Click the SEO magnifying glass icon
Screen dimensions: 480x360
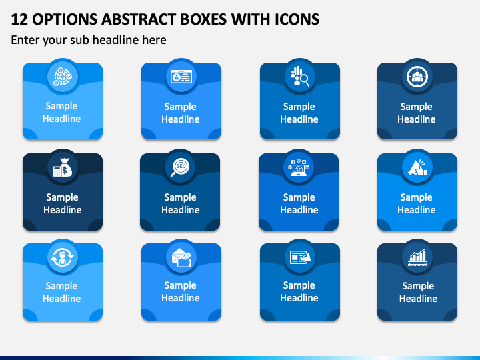tap(180, 167)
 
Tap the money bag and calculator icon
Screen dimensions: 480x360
tap(63, 167)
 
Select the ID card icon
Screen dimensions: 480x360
tap(181, 77)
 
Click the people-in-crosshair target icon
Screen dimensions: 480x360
tap(417, 77)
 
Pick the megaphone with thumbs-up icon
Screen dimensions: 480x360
tap(417, 167)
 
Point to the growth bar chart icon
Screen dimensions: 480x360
tap(417, 257)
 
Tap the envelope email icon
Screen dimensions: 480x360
tap(181, 257)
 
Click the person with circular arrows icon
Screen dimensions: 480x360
tap(63, 257)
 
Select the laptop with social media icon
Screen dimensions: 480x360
tap(299, 167)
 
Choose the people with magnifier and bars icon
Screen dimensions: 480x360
tap(300, 76)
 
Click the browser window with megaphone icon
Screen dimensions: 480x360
tap(300, 257)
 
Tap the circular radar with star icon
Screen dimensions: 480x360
tap(63, 77)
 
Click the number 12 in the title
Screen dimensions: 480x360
tap(19, 19)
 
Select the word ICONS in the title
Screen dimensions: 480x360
tap(297, 19)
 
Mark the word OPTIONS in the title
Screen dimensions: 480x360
tap(65, 19)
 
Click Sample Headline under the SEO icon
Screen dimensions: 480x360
tap(180, 203)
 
